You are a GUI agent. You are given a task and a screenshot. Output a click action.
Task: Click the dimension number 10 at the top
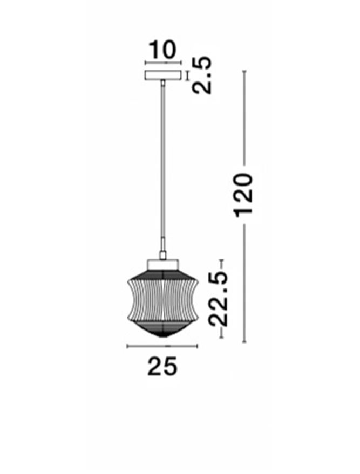[x=162, y=50]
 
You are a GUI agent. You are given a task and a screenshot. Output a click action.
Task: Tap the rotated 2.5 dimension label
[x=202, y=75]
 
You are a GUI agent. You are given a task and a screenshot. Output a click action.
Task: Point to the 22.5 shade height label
[x=218, y=299]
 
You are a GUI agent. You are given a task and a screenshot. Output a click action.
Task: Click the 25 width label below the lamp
[x=162, y=366]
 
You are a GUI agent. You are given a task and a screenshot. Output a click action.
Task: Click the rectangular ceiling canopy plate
[x=163, y=75]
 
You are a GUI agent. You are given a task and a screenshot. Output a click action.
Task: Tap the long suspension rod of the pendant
[x=163, y=166]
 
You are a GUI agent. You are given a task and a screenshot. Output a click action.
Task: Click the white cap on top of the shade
[x=162, y=265]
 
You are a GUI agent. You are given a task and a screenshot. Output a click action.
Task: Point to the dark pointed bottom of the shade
[x=162, y=329]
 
